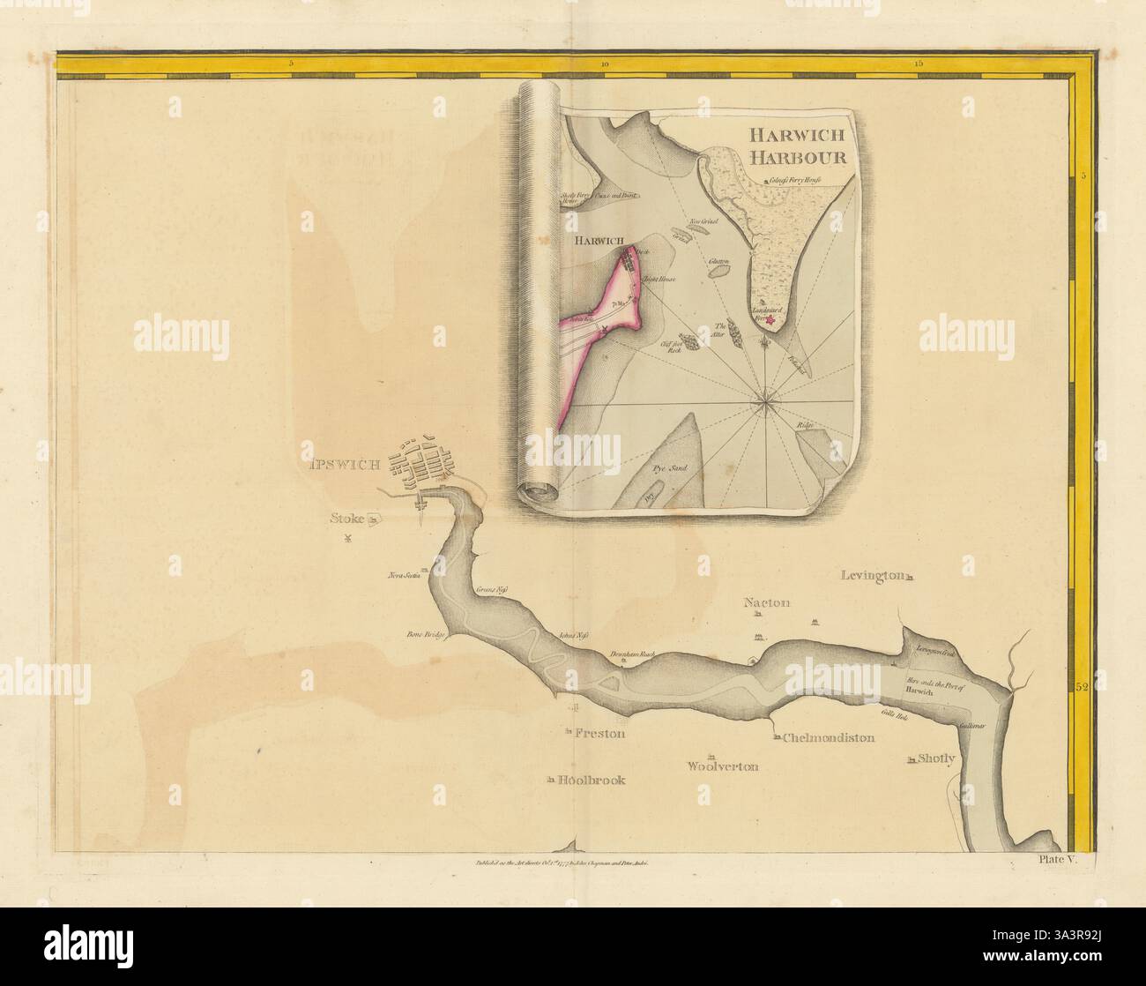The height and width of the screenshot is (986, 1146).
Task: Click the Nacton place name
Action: point(766,603)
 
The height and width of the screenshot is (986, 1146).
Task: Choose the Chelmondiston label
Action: point(828,737)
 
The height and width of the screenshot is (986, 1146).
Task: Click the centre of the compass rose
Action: point(766,404)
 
